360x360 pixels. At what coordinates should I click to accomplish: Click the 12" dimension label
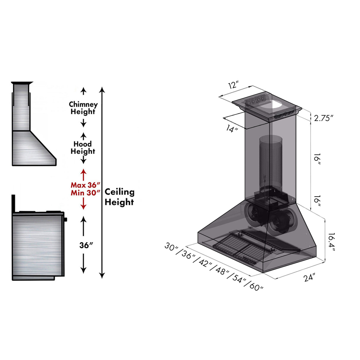[x=233, y=85]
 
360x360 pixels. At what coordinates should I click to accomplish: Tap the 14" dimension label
[x=232, y=129]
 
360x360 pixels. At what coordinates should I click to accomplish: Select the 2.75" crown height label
[x=324, y=118]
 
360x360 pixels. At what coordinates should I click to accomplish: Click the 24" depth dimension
[x=309, y=278]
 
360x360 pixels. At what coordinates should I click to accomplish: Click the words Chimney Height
[x=83, y=108]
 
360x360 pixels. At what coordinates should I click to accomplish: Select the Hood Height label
[x=83, y=148]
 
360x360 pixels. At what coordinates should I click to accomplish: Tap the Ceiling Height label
[x=119, y=197]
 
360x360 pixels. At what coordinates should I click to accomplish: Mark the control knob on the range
[x=65, y=219]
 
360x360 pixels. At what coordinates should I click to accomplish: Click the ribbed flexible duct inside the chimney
[x=270, y=160]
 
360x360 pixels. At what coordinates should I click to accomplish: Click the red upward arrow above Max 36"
[x=84, y=173]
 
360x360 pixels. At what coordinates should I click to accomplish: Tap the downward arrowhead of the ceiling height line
[x=102, y=275]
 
